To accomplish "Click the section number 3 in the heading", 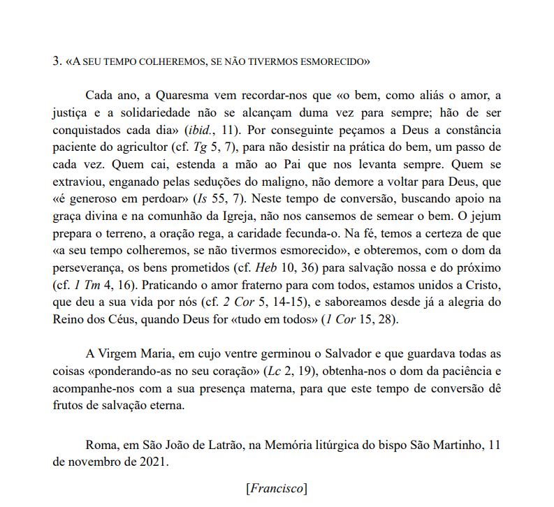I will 56,61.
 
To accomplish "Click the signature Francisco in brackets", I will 277,488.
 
